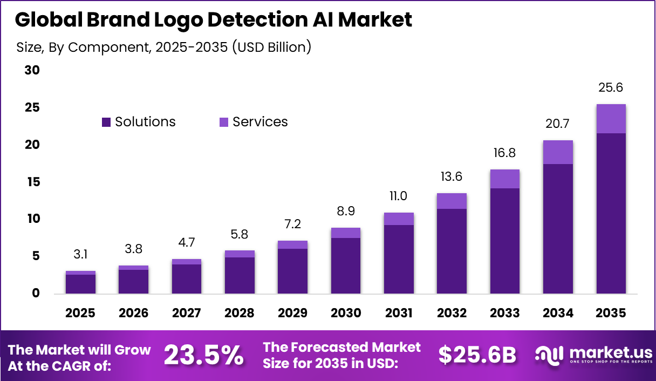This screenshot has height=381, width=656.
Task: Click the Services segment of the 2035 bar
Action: (611, 119)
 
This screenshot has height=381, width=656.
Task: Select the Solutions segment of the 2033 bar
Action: (505, 240)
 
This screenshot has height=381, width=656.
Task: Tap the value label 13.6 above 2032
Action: (452, 176)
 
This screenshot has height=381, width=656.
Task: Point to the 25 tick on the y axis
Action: (32, 108)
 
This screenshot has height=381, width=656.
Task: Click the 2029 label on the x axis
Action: (292, 314)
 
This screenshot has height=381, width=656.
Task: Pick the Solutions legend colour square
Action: (106, 123)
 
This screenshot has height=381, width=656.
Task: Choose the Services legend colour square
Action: (224, 123)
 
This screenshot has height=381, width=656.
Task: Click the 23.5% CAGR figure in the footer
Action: (203, 355)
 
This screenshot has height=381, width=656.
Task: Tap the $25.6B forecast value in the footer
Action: (477, 355)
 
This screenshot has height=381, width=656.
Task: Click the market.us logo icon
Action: (549, 355)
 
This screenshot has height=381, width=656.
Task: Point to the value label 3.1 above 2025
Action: (80, 254)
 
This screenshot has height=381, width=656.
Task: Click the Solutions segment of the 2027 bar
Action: (187, 278)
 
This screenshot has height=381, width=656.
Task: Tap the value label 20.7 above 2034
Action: (558, 124)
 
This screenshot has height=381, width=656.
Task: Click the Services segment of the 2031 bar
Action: (399, 219)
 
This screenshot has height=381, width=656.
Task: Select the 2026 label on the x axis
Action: (133, 314)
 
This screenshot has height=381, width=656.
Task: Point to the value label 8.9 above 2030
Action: (345, 211)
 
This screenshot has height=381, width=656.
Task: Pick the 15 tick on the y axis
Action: (32, 182)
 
